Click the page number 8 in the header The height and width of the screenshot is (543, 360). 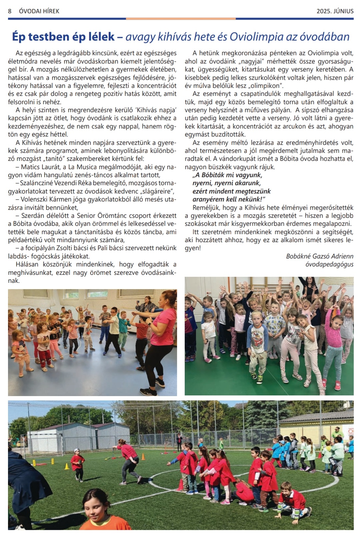pos(10,11)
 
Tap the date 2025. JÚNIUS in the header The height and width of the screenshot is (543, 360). pos(335,11)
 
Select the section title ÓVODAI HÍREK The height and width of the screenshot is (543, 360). pos(39,11)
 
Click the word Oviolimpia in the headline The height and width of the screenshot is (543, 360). pos(257,37)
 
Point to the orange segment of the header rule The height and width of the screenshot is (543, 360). pos(181,19)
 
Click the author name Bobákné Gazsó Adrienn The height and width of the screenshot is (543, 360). pos(319,256)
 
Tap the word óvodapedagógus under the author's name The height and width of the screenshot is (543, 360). pos(329,265)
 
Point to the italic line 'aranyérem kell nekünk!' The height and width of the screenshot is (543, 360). pos(229,200)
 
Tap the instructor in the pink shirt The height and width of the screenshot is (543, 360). pos(160,336)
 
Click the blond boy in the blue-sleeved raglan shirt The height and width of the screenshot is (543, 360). pos(257,343)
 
